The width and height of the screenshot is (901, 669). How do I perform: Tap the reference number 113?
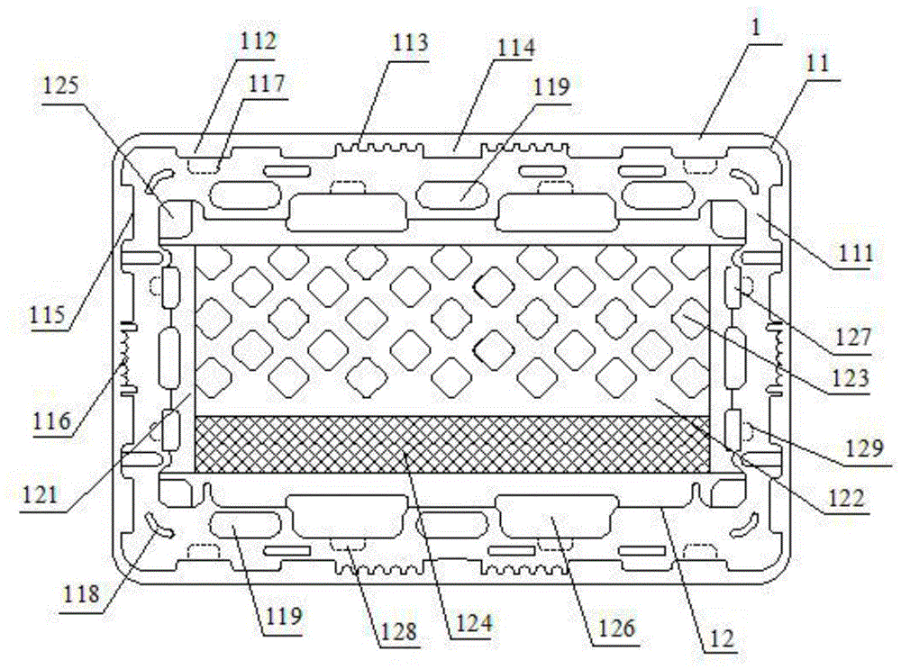tap(408, 42)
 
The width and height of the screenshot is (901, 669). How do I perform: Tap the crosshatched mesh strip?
tap(450, 444)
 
